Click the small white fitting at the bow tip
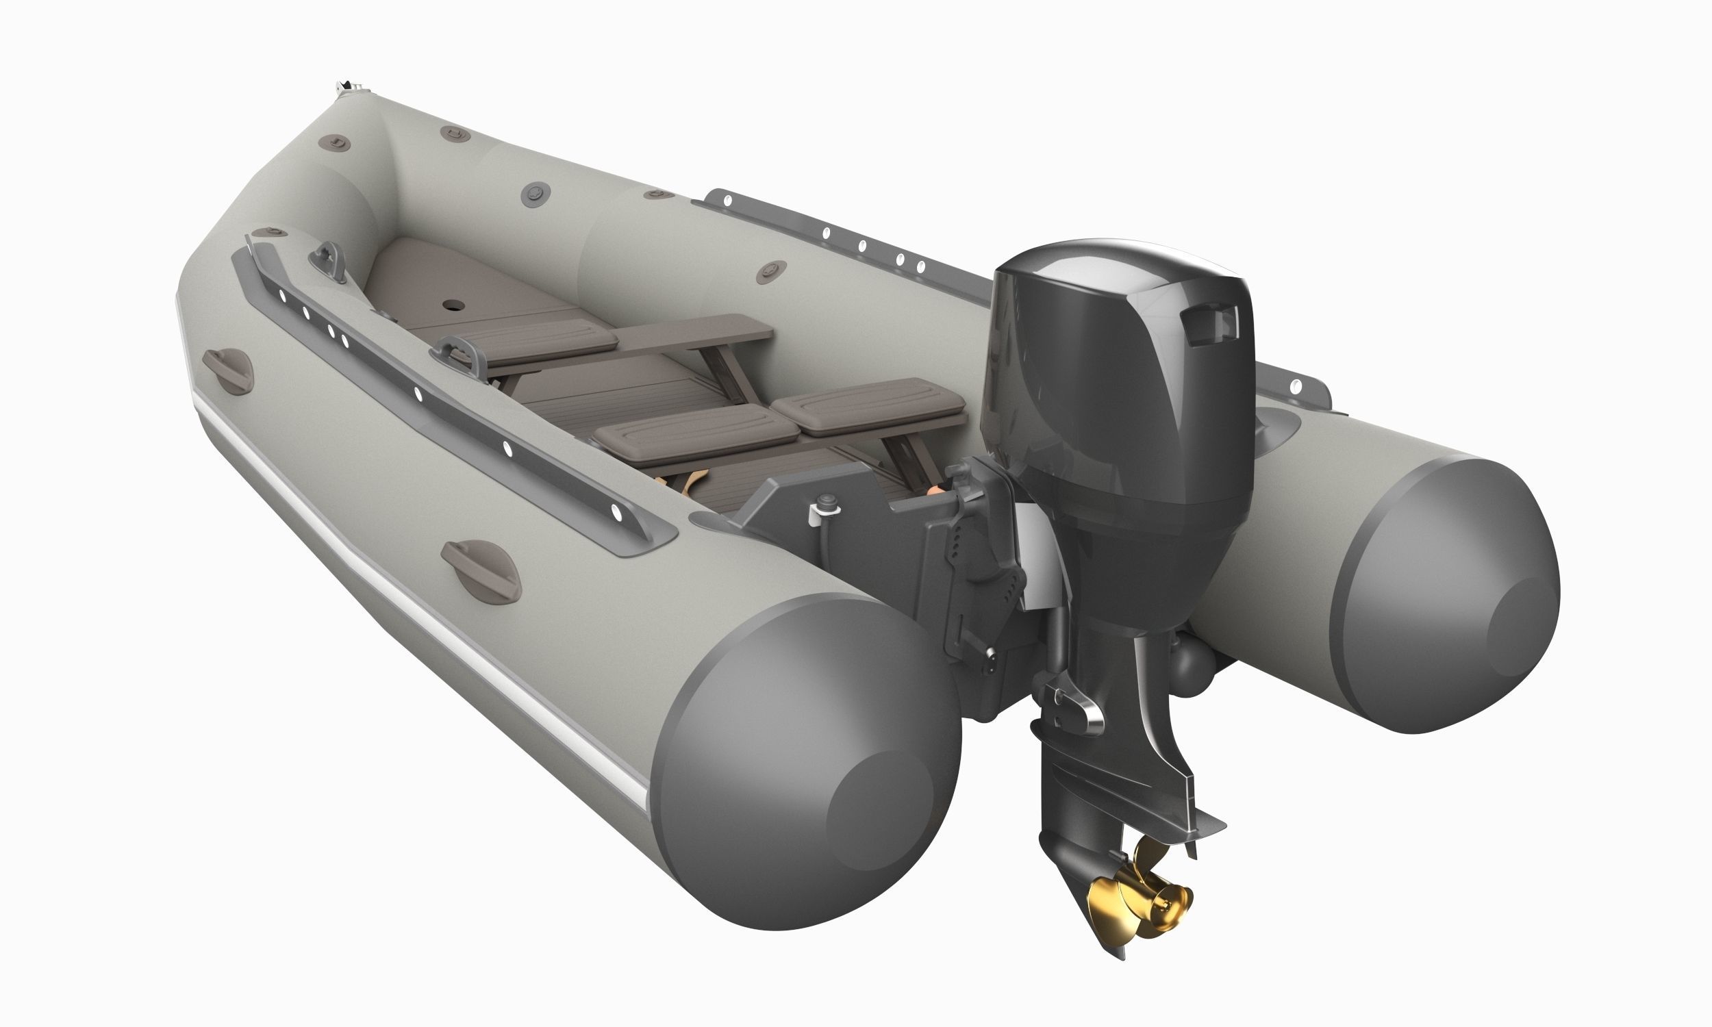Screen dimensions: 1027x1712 tap(346, 87)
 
